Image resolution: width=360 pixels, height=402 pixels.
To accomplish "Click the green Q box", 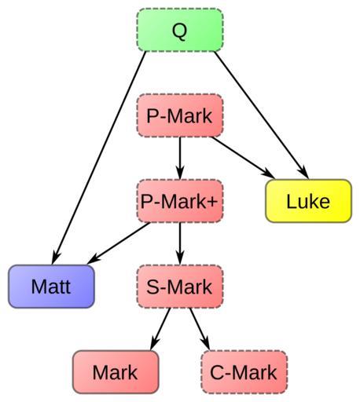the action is tap(180, 30).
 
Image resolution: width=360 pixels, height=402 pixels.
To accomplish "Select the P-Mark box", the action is tap(180, 115).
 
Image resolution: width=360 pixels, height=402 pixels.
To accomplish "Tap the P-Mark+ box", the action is tap(180, 201).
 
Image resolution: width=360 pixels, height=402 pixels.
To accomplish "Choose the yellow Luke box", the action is tap(308, 201).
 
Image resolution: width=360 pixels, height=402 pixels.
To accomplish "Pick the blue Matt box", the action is tap(51, 287).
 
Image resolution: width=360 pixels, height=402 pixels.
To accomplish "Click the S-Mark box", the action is tap(180, 287).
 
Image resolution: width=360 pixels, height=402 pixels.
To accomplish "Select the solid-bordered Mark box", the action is tap(116, 372).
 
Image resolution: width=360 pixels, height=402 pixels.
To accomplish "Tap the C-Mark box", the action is tap(244, 372).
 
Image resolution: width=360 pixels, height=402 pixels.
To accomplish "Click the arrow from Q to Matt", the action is tap(99, 158).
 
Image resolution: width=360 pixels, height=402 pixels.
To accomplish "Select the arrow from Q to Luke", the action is tap(261, 115).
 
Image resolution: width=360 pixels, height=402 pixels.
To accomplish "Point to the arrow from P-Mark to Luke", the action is tap(243, 158).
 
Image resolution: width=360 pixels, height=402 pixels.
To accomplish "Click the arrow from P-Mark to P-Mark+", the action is tap(180, 158).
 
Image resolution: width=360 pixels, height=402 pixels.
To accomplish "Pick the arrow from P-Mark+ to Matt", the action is tap(119, 243).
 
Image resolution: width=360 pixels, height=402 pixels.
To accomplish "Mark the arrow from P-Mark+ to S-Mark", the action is tap(180, 243).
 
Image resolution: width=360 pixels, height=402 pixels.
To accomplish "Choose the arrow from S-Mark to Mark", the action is tap(160, 329).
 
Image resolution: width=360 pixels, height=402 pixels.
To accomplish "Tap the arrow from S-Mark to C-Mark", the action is tap(200, 329).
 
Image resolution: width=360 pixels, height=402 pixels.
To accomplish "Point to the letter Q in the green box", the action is tap(180, 31).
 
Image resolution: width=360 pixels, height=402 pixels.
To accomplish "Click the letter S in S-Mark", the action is tap(153, 287).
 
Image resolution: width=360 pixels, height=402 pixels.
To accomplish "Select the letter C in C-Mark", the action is tap(218, 372).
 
